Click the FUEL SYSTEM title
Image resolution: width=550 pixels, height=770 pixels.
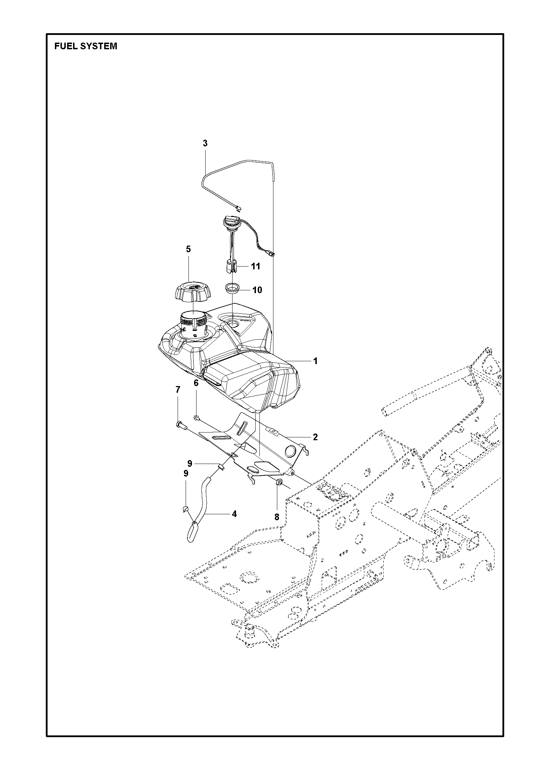click(86, 46)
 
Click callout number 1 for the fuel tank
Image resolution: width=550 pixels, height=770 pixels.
click(315, 361)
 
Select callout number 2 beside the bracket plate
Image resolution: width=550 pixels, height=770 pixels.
click(315, 437)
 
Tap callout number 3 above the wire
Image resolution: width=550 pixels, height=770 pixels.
click(205, 143)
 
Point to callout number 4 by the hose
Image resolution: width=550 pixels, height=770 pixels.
click(234, 514)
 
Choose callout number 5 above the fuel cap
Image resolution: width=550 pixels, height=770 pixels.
click(188, 249)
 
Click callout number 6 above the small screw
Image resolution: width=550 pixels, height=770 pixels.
click(196, 383)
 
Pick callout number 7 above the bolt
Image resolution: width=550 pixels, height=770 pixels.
click(178, 390)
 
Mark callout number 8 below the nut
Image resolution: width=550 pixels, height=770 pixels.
click(277, 517)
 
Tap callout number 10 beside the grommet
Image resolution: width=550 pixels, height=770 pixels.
click(257, 290)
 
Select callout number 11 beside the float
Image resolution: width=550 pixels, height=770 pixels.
click(256, 266)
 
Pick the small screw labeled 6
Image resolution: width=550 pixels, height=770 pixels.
click(196, 417)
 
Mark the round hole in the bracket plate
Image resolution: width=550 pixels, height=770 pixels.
click(291, 451)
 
